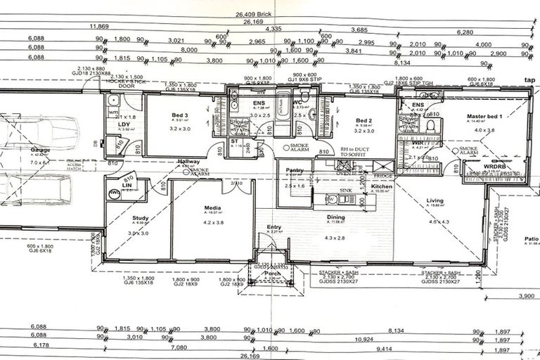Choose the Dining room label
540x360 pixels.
pyautogui.click(x=335, y=218)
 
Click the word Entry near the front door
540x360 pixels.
pyautogui.click(x=274, y=227)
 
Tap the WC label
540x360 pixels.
pyautogui.click(x=297, y=102)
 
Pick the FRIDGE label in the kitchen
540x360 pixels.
pyautogui.click(x=383, y=174)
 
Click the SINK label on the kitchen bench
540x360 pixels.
pyautogui.click(x=345, y=190)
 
